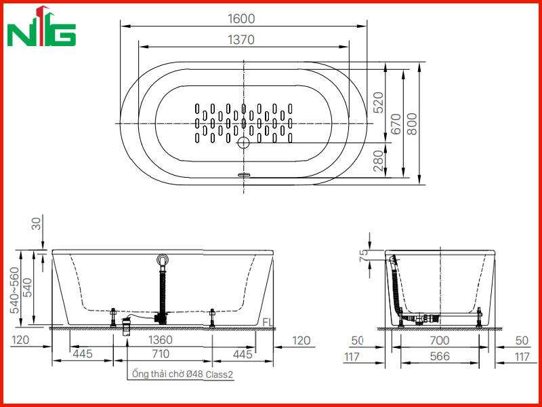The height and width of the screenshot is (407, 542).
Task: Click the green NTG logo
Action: point(41,26)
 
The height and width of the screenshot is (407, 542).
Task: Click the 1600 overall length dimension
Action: point(241,19)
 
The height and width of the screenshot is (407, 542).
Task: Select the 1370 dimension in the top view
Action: point(241,40)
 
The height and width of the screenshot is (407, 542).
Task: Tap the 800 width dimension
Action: point(412,124)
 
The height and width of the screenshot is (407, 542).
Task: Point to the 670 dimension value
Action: point(396,124)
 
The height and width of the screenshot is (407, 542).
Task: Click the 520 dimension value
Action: point(379,102)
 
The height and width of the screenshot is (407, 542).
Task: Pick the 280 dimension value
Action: point(379,161)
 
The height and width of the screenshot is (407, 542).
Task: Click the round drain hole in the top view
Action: point(243,142)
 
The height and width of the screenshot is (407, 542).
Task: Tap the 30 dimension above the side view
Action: point(37,222)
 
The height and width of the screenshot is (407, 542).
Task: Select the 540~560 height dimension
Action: point(14,290)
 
